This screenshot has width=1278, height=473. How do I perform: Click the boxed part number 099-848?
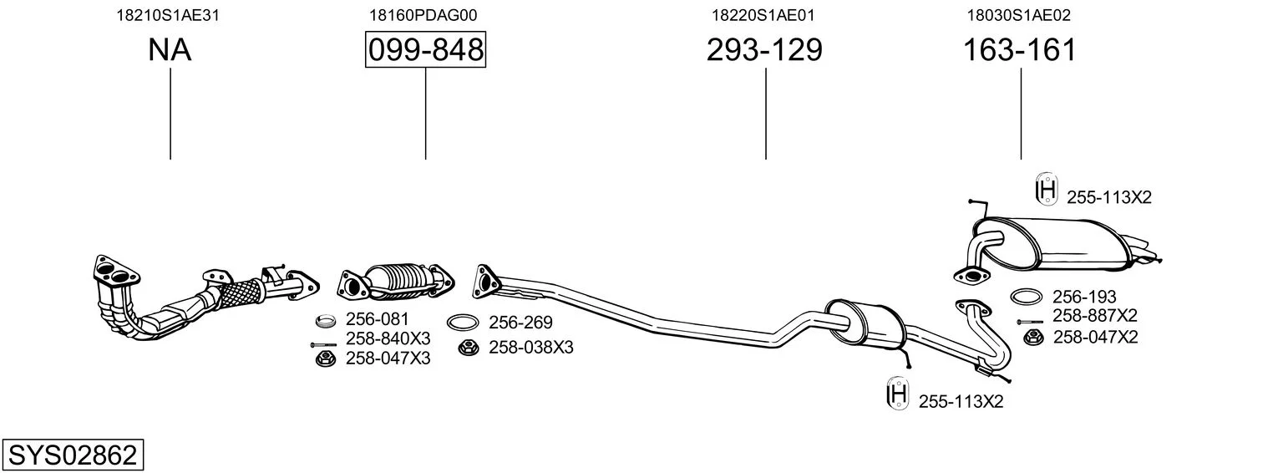click(426, 49)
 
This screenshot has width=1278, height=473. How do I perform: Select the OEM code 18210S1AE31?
click(168, 15)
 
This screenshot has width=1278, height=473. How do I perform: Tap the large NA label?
click(170, 49)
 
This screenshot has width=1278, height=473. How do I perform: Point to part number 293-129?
click(764, 49)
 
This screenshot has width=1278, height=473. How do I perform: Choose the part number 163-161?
click(1020, 49)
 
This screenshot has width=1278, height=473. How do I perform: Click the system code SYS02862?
click(73, 455)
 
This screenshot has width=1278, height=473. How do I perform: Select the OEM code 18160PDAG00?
click(423, 15)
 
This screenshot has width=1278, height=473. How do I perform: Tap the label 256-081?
click(377, 319)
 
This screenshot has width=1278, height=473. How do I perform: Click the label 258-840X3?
click(388, 338)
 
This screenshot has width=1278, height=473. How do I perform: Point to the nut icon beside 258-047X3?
click(326, 359)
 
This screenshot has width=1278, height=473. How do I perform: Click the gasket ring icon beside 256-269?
click(463, 323)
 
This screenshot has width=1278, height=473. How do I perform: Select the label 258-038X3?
click(530, 347)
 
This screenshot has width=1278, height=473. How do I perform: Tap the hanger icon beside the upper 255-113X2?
click(1047, 189)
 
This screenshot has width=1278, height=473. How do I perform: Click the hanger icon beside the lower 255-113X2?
click(898, 393)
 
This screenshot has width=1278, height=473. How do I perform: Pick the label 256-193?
click(1084, 297)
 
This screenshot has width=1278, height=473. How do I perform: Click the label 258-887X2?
click(1095, 315)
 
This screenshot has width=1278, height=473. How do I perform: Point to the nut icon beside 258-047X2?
click(1033, 338)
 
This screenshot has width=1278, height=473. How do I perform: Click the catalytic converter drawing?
click(396, 282)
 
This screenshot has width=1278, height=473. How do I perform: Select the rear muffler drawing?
click(1056, 246)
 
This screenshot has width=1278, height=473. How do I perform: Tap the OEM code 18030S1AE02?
click(1018, 15)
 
